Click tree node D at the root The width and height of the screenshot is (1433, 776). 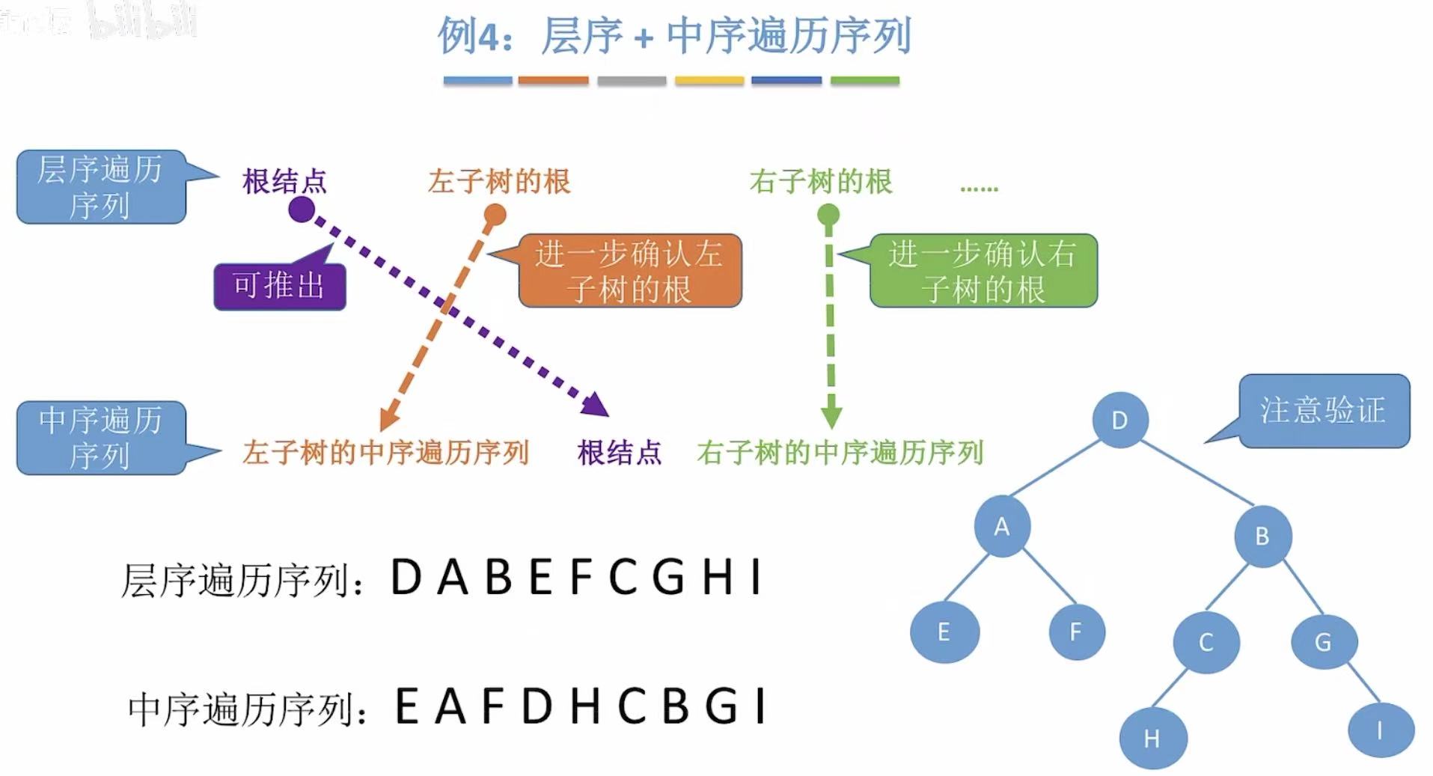tap(1119, 420)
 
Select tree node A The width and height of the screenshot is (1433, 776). tap(1002, 527)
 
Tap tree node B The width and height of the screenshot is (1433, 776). tap(1262, 536)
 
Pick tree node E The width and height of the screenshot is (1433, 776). tap(944, 632)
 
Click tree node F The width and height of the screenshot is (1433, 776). tap(1076, 632)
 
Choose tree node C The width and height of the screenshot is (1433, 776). tap(1206, 642)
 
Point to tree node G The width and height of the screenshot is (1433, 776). tap(1323, 641)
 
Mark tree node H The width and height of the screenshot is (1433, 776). tap(1152, 738)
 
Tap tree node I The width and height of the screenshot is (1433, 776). tap(1380, 730)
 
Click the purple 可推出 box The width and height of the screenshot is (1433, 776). tap(280, 286)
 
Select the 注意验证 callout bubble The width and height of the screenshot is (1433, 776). tap(1324, 411)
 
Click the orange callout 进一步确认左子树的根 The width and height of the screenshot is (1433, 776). tap(629, 271)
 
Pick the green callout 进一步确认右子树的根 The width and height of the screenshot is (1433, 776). tap(983, 271)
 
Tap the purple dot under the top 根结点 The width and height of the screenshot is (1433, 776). tap(302, 210)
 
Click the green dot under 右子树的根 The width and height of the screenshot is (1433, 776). tap(828, 216)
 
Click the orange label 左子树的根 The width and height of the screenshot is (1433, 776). tap(499, 182)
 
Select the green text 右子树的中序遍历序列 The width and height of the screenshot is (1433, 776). tap(840, 453)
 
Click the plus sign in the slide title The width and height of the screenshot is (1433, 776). tap(643, 37)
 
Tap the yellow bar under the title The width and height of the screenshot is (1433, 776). tap(709, 80)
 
